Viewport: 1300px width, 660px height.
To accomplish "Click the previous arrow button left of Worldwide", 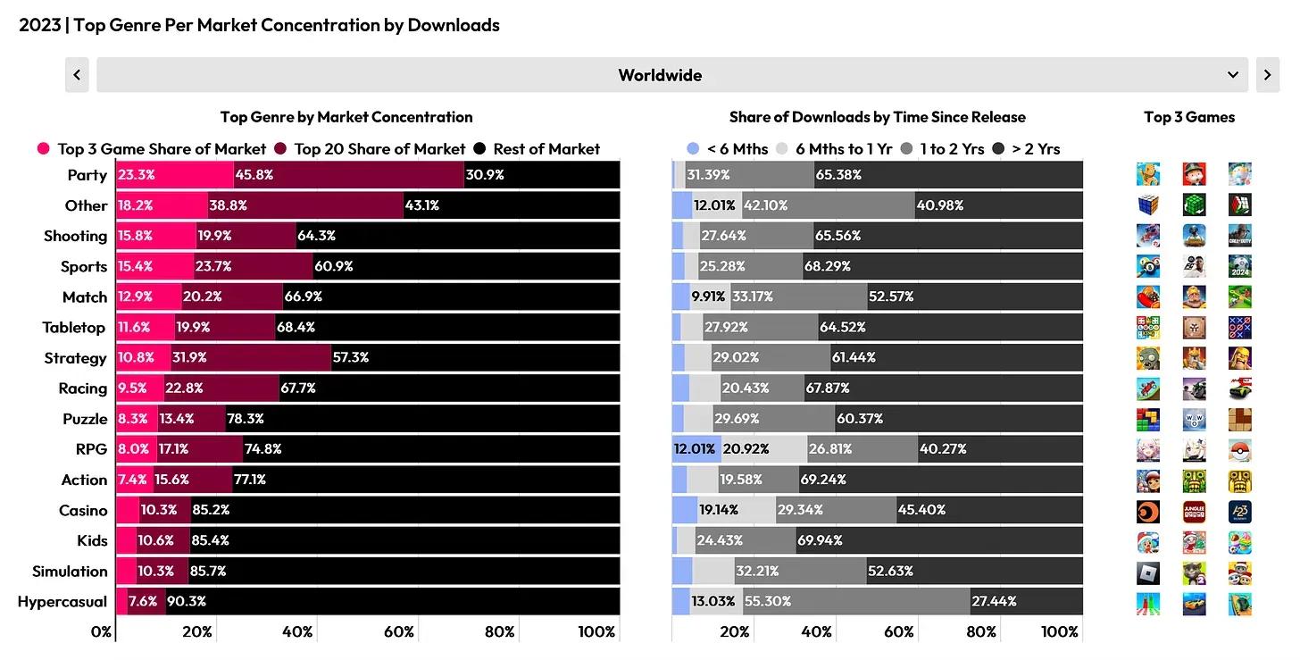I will click(x=77, y=75).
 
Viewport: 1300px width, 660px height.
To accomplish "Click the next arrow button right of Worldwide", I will click(x=1267, y=75).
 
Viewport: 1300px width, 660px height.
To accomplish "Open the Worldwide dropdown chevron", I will click(x=1233, y=75).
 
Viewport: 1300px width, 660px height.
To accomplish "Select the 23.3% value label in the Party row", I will click(x=136, y=175).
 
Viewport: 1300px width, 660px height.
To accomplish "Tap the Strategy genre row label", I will click(x=75, y=358).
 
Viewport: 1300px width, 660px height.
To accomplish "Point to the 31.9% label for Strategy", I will click(x=189, y=358).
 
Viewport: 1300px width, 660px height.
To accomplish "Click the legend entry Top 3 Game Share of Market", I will click(x=152, y=149).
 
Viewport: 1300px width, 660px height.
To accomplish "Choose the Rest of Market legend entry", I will click(x=537, y=149).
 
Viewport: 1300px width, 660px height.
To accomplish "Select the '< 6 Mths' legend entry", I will click(x=728, y=149).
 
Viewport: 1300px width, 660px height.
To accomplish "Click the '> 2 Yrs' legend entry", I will click(x=1026, y=149).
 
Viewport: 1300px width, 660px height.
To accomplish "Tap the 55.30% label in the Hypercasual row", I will click(x=768, y=602).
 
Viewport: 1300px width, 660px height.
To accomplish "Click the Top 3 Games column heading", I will click(x=1189, y=117).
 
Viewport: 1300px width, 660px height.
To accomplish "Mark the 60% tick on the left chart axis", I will click(x=399, y=632).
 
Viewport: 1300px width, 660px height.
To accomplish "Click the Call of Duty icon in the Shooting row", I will click(x=1239, y=236).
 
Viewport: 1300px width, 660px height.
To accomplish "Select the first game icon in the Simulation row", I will click(x=1148, y=572).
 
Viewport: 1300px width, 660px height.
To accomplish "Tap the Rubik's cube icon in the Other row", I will click(x=1148, y=205).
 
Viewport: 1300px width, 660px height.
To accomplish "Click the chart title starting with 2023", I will click(x=259, y=25).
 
